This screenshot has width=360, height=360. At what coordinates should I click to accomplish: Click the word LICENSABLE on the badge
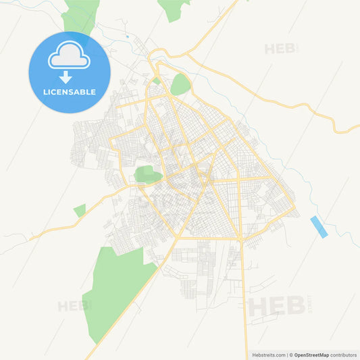[69, 92]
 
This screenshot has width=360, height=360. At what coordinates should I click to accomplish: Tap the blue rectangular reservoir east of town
[319, 227]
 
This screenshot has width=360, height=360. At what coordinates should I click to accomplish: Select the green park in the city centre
[147, 175]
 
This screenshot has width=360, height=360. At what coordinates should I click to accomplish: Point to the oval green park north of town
[180, 85]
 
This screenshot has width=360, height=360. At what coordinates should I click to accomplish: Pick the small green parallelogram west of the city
[80, 210]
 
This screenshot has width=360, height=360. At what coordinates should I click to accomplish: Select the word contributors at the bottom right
[344, 355]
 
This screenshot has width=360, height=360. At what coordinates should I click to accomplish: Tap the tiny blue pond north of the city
[127, 36]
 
